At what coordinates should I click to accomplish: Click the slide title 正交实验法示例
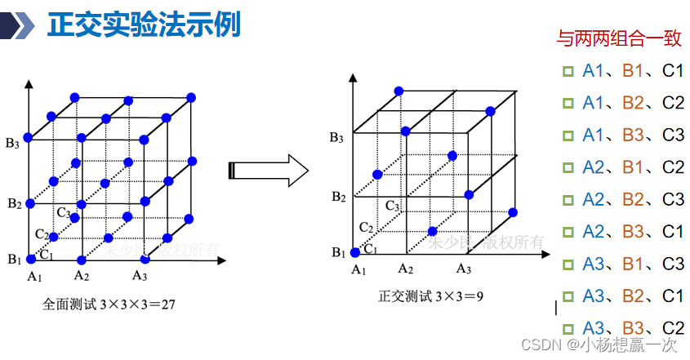(x=145, y=24)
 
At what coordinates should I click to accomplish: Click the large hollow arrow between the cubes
(x=269, y=170)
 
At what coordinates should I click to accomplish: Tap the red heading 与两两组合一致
(x=618, y=38)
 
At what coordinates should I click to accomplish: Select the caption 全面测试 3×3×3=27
(x=109, y=304)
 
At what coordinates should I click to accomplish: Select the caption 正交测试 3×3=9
(x=431, y=295)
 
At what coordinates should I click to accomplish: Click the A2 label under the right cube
(x=407, y=268)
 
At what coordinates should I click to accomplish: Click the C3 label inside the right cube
(x=393, y=205)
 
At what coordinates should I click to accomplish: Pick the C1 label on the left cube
(x=47, y=255)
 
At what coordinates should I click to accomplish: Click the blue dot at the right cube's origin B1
(x=354, y=252)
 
